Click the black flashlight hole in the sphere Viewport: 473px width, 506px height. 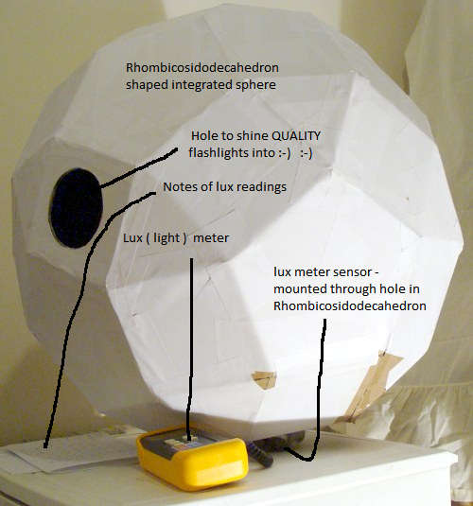tap(77, 208)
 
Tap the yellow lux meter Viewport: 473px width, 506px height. tap(193, 459)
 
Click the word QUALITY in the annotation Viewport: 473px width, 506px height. tap(296, 136)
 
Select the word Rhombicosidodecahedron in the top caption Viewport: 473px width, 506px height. tap(202, 68)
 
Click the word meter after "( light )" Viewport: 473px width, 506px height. tap(211, 238)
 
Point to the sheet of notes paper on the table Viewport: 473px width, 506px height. tap(74, 453)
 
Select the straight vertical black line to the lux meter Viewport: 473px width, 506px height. tap(191, 348)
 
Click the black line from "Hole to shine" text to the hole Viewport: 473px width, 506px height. tap(139, 168)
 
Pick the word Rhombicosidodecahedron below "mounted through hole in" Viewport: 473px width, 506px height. tap(350, 305)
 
